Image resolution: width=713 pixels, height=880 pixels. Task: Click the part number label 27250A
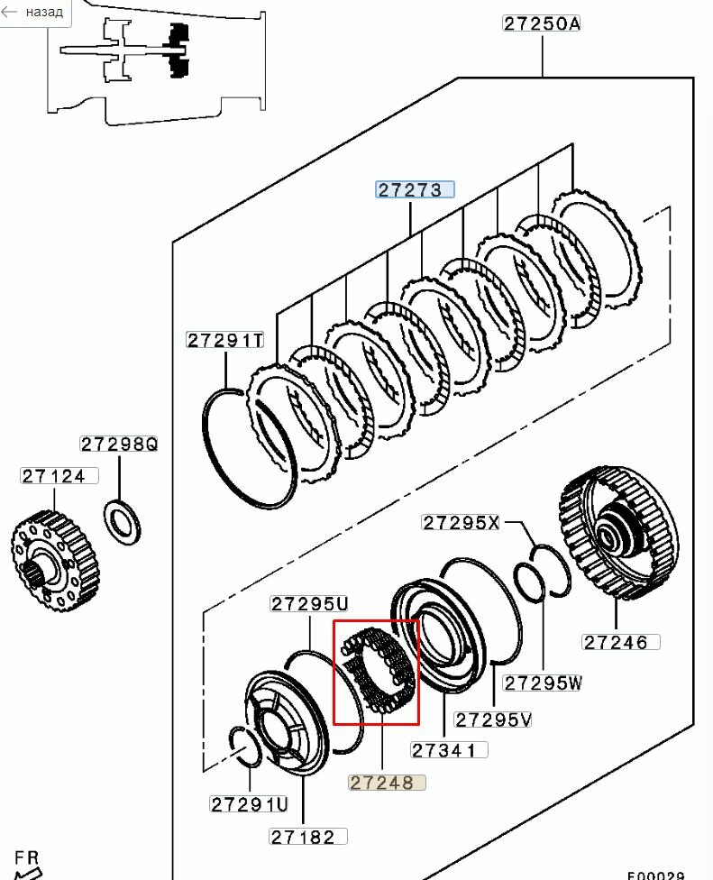[542, 23]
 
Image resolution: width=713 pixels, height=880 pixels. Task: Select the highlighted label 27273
[415, 189]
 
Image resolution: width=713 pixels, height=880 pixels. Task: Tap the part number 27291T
[225, 340]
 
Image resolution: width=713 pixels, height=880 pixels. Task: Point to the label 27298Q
[119, 444]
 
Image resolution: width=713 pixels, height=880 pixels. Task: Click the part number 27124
[59, 476]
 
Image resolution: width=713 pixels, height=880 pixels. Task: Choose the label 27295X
[461, 523]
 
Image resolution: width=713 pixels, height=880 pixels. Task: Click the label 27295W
[543, 683]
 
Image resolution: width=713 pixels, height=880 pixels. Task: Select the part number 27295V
[492, 720]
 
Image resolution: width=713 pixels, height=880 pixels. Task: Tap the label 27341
[449, 750]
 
